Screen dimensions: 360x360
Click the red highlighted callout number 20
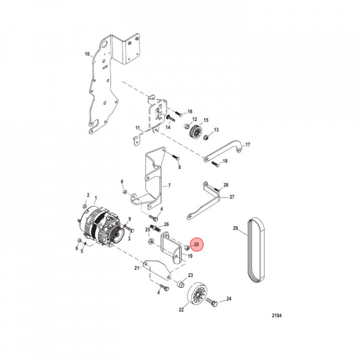196,244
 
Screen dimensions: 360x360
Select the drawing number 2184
276,315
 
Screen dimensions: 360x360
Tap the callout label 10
87,54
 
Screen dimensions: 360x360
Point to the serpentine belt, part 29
256,250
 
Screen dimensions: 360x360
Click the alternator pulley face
118,235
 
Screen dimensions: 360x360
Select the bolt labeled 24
211,302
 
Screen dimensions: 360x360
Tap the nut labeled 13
206,137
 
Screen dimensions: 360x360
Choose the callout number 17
247,144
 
